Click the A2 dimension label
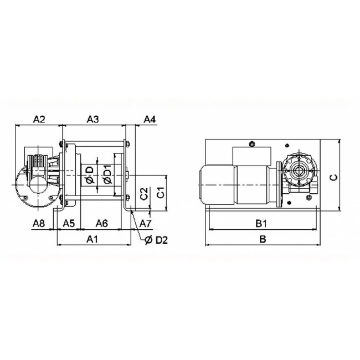point(39,120)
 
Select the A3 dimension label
point(92,120)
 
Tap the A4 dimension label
point(150,120)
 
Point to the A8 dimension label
point(39,223)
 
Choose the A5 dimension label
point(69,223)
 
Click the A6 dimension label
point(102,223)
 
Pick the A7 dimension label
point(146,223)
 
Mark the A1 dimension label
point(92,239)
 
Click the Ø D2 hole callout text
point(156,240)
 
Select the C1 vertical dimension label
point(161,192)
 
